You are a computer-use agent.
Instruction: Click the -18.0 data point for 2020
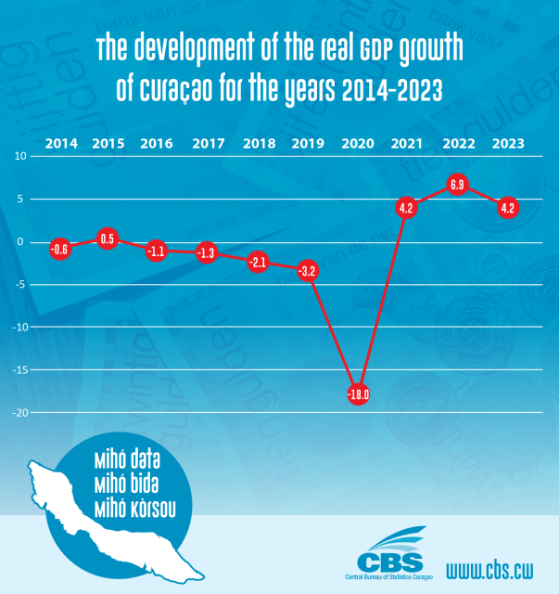358,394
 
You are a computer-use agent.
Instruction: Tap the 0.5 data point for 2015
108,239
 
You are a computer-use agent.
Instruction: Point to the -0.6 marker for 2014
59,248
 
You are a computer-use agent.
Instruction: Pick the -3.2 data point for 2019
308,272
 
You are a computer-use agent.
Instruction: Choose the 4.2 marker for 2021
405,208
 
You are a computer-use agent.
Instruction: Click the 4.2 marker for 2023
507,208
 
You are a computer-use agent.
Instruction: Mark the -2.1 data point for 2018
258,262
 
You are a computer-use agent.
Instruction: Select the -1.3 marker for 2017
207,252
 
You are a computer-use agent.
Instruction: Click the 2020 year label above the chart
358,144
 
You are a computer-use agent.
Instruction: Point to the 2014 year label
60,144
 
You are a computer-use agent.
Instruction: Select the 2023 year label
508,144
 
